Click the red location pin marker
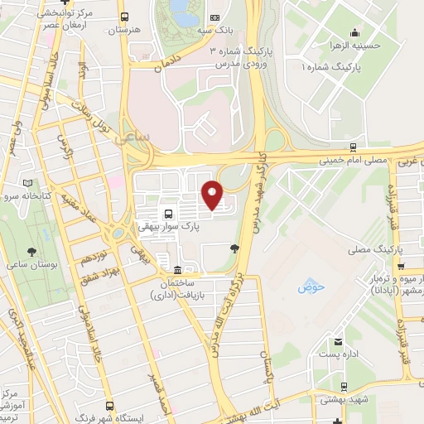click(213, 195)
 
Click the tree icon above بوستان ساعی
click(32, 249)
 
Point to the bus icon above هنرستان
click(124, 17)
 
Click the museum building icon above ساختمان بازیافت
click(179, 271)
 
